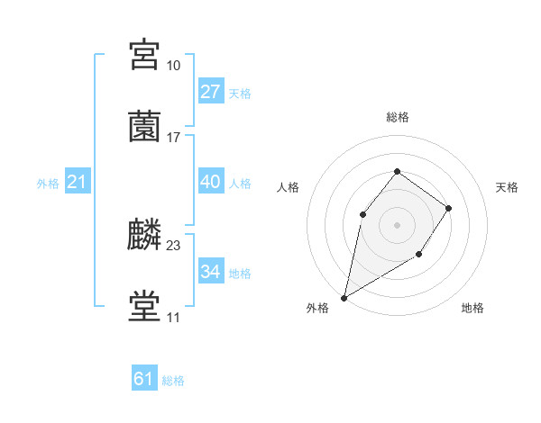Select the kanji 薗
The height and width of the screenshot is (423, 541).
[x=145, y=126]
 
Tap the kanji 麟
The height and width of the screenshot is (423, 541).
[x=145, y=235]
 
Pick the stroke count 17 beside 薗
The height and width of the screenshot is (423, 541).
[x=174, y=137]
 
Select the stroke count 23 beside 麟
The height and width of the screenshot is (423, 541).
[x=174, y=245]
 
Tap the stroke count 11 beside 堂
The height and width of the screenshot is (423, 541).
[x=173, y=318]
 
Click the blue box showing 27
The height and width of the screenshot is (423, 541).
[x=210, y=91]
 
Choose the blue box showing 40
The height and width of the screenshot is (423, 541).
[x=210, y=182]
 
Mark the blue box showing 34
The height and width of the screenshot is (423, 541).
[x=210, y=272]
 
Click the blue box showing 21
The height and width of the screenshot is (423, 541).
[x=78, y=182]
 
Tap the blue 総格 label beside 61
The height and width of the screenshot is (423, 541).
[x=173, y=381]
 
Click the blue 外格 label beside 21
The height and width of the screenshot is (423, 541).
[x=48, y=184]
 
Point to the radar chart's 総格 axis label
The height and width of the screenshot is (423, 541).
[x=397, y=117]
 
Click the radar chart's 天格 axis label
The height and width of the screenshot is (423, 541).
[x=507, y=187]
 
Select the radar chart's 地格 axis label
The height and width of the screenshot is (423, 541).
[x=472, y=309]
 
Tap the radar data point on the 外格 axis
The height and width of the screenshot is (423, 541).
[x=344, y=297]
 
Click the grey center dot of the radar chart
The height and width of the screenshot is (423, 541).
[x=397, y=224]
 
